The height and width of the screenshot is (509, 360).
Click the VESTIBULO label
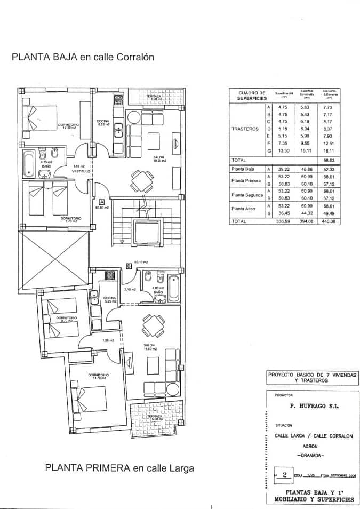coord(80,171)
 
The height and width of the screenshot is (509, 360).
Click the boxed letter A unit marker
coord(101,201)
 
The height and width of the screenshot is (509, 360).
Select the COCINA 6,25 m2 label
coord(103,123)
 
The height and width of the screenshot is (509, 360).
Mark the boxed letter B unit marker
coord(129,265)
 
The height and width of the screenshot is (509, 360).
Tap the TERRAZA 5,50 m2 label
coord(154,417)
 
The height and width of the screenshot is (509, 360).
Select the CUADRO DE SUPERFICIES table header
coord(248,96)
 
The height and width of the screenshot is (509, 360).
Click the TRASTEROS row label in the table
coord(245,129)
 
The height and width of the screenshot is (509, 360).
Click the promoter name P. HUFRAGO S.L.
coord(314,406)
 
